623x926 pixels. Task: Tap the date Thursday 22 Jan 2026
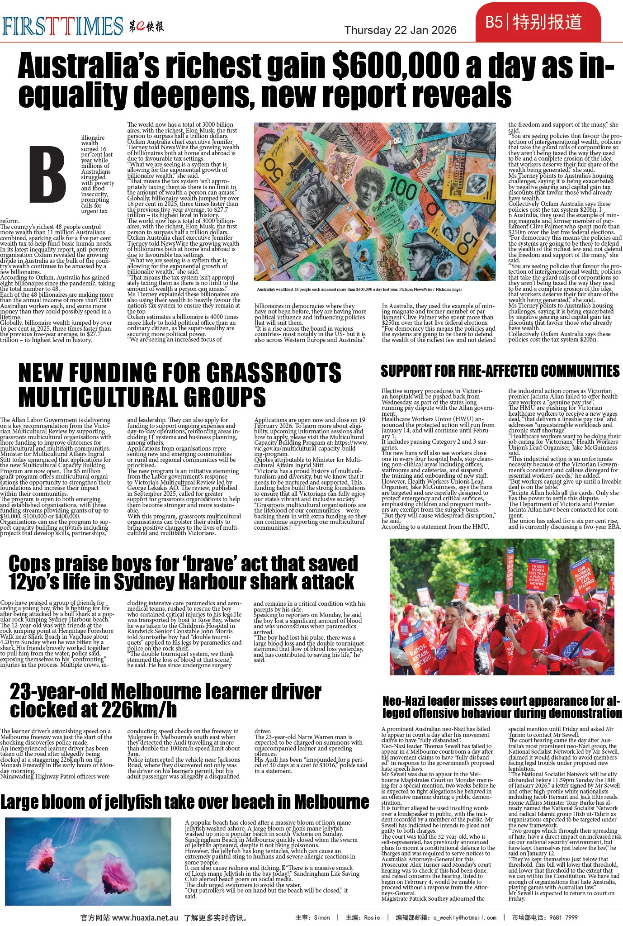coord(400,30)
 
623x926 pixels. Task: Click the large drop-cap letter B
coord(47,175)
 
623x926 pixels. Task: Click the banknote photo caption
coord(359,289)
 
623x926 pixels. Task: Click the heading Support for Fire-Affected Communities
coord(500,371)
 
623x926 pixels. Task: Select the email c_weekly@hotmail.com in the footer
coord(464,917)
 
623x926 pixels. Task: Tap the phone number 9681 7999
coord(565,917)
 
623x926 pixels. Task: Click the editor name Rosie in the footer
coord(372,917)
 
